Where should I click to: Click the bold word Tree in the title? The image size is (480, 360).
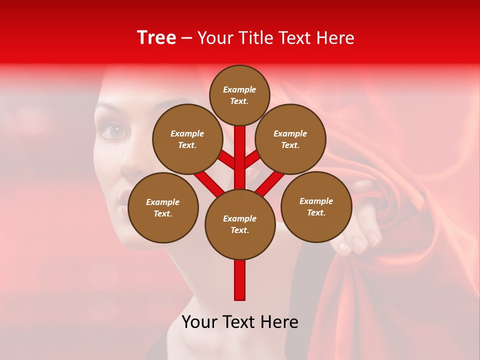tap(156, 37)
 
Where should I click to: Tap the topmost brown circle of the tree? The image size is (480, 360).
tap(239, 95)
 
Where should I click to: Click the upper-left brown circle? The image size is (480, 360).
tap(187, 139)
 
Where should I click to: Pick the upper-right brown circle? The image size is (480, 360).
tap(290, 139)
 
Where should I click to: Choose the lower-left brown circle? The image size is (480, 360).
tap(163, 207)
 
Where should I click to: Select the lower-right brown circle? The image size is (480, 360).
tap(316, 206)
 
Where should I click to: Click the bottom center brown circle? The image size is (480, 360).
tap(240, 224)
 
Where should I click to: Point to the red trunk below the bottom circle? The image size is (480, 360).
tap(240, 279)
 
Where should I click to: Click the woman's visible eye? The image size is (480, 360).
tap(115, 131)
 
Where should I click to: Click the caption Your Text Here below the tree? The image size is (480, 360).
tap(240, 322)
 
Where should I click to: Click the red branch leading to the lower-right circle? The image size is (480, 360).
tap(270, 183)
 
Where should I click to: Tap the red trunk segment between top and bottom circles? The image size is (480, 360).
tap(240, 157)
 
